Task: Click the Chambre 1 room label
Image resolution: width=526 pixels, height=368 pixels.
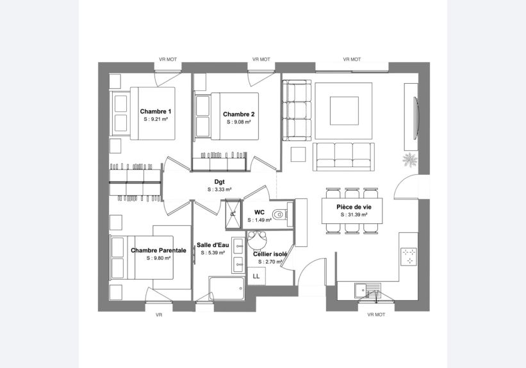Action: pos(155,111)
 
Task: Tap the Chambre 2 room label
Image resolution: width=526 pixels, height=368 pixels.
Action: pos(239,115)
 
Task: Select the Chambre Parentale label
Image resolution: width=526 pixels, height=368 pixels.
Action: pos(158,250)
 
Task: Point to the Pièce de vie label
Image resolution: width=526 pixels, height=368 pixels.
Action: pos(354,207)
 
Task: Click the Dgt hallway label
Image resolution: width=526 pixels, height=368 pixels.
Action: pos(219,182)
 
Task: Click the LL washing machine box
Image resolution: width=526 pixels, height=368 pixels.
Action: pos(256,276)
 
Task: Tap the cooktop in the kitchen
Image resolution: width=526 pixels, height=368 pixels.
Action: pos(409,257)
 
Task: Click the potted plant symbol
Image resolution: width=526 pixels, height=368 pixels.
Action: pos(409,159)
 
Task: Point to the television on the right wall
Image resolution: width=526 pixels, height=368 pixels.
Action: pos(416,117)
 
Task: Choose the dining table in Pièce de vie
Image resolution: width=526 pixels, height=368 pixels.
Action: pos(352,211)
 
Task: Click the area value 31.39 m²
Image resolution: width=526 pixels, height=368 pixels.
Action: pos(354,215)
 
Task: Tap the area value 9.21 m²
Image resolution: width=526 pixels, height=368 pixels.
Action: pos(156,119)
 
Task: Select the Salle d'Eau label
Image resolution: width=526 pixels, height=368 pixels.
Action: pos(213,245)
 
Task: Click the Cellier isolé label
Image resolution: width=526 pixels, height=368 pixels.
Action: pos(270,254)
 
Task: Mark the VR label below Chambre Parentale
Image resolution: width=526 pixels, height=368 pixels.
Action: pos(159,315)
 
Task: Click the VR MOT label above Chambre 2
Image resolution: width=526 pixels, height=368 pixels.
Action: pos(261,60)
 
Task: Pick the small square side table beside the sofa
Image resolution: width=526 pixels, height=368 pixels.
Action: pos(298,154)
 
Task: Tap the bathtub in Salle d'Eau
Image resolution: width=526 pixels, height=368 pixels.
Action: pos(227,289)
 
